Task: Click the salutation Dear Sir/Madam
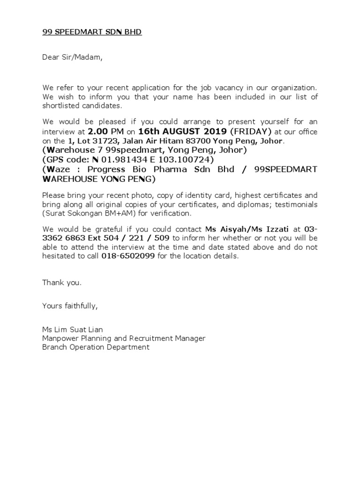tap(72, 58)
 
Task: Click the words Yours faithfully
tap(70, 306)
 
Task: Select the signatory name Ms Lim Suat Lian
tap(72, 330)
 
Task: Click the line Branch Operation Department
tap(96, 347)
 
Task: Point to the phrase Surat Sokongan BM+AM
tap(86, 213)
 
